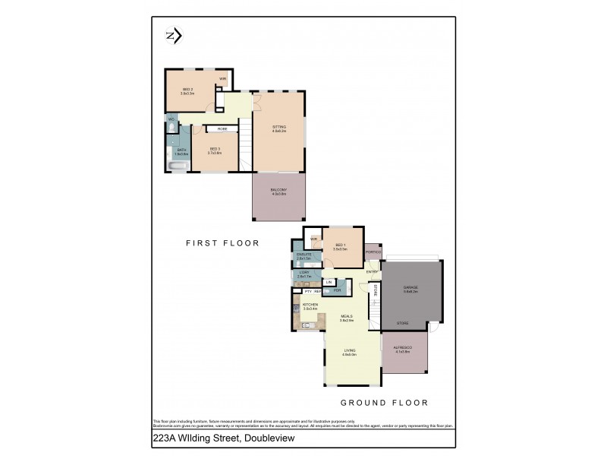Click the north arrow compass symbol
[172, 35]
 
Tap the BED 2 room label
[187, 90]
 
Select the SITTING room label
[279, 128]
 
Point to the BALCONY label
[279, 192]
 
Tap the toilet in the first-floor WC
[172, 122]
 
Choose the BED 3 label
[215, 149]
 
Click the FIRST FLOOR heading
[223, 244]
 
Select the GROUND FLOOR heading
[384, 403]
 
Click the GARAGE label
[410, 287]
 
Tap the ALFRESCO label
[401, 349]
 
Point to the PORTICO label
[373, 252]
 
